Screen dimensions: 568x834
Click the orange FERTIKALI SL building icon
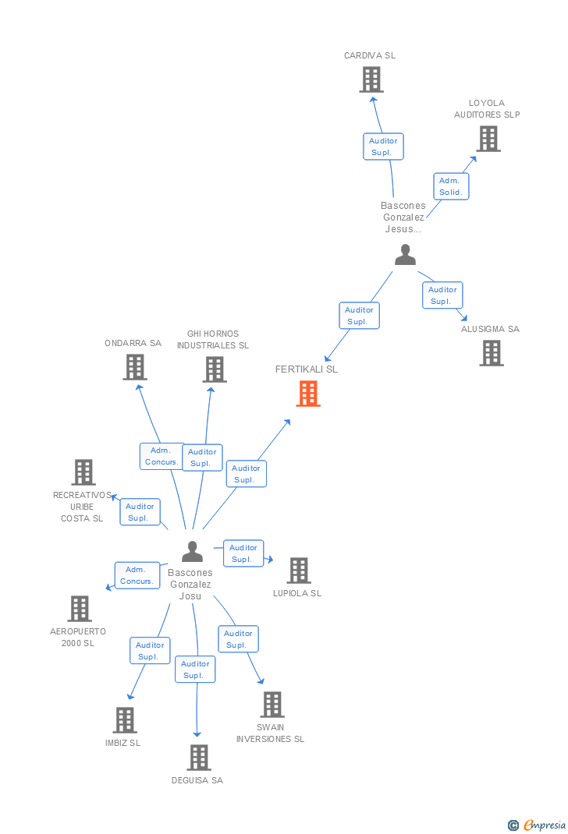[x=308, y=394]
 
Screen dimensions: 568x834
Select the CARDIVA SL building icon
[x=371, y=80]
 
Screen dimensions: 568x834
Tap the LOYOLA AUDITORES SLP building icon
[x=488, y=139]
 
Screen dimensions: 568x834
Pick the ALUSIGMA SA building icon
[x=492, y=353]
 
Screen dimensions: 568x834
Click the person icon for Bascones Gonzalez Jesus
[x=405, y=255]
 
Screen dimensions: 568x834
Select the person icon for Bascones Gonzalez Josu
[x=192, y=552]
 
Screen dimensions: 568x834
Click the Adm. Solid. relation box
[x=451, y=186]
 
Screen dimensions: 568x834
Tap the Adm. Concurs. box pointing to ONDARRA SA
[x=162, y=456]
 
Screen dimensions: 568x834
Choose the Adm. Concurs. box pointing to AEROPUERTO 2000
[x=137, y=575]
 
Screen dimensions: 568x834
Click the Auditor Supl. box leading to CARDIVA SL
[x=383, y=147]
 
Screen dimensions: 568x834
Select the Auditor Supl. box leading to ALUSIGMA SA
[x=442, y=295]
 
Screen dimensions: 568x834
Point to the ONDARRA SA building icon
[x=135, y=367]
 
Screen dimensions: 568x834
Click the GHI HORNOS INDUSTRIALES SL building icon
[x=215, y=369]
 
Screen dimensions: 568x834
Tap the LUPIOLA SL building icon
[x=299, y=571]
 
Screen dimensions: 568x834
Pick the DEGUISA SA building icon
[x=199, y=758]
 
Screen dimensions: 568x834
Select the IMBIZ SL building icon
[x=125, y=720]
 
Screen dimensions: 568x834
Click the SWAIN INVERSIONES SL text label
[x=271, y=733]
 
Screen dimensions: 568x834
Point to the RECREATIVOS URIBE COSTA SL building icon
[x=83, y=472]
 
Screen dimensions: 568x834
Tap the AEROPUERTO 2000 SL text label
[x=78, y=638]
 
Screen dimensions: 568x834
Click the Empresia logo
[x=537, y=825]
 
